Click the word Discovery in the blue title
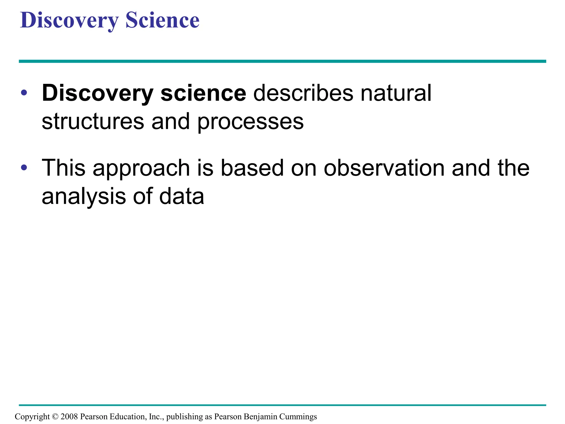coord(69,20)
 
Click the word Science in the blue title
coord(162,20)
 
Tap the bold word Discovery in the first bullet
coord(97,93)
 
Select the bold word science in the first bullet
coord(203,93)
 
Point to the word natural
coord(396,93)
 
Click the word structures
coord(93,122)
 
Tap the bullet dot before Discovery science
coord(24,93)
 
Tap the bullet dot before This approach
coord(24,167)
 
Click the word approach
coord(141,168)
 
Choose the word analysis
coord(84,197)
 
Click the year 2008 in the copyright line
coord(69,417)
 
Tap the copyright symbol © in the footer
coord(55,417)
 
